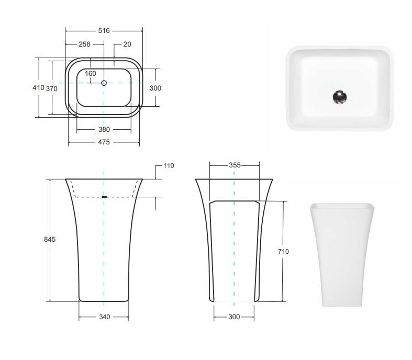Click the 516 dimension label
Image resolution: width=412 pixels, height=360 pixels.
[x=104, y=31]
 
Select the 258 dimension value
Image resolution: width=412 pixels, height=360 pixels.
[x=84, y=44]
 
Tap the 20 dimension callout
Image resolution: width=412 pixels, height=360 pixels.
[x=127, y=44]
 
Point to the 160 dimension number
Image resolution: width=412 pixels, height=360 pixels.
[x=91, y=74]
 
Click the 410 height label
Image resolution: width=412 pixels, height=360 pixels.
[x=38, y=87]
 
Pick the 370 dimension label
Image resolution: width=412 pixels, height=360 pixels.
[x=51, y=89]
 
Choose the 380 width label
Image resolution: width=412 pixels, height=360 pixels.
[x=104, y=129]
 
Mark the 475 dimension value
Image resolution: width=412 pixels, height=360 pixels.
[x=104, y=142]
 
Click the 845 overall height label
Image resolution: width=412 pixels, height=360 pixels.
[x=50, y=239]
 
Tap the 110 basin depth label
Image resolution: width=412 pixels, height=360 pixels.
[x=169, y=166]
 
